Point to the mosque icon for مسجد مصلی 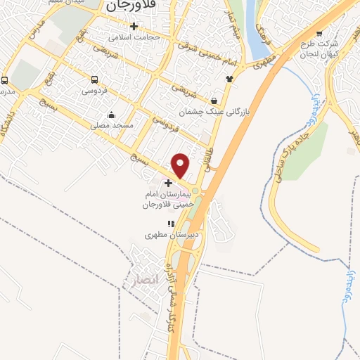110,115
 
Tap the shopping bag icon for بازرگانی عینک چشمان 214,101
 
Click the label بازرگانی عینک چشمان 214,111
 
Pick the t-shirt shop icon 229,79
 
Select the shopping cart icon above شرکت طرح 320,33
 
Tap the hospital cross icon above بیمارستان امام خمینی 167,182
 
